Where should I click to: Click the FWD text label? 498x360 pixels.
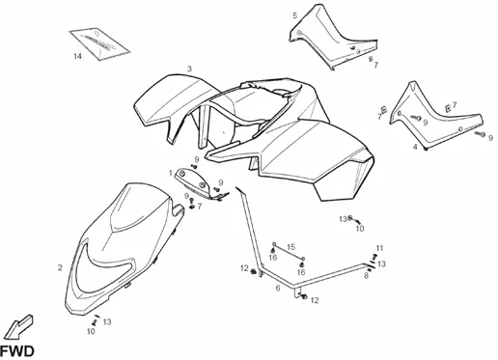16,351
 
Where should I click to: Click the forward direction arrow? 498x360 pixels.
19,327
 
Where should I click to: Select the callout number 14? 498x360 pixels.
77,56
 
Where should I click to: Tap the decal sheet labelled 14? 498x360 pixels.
99,43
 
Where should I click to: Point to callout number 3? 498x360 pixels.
189,69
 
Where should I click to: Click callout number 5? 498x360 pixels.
295,15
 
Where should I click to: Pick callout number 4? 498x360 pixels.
415,147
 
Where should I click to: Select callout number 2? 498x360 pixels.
60,267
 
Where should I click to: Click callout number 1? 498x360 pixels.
171,173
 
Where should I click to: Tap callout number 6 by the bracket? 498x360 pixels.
278,289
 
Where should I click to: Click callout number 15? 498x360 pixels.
290,247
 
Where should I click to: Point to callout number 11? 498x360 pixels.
379,248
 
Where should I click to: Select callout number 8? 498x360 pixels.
366,275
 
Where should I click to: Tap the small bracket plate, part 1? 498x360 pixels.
200,184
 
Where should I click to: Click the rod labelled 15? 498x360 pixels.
289,251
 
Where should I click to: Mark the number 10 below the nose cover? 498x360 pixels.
91,331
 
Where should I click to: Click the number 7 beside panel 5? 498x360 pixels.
375,65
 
